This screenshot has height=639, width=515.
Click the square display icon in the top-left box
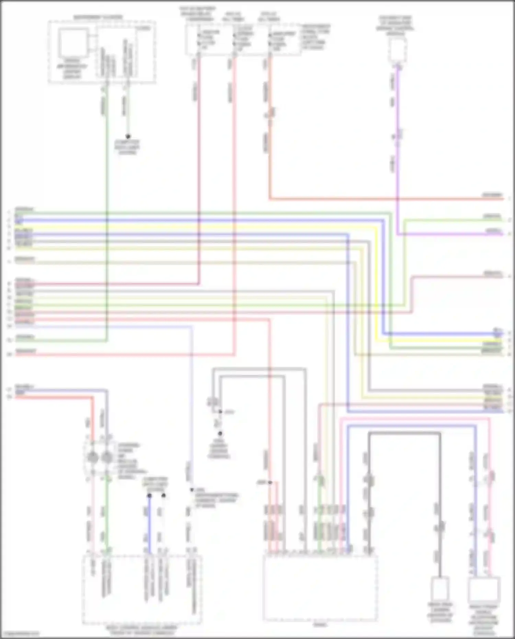(x=73, y=43)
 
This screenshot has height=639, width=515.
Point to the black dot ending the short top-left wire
(x=128, y=136)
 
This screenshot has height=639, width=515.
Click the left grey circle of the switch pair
(x=93, y=457)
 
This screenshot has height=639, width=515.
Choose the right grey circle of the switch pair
(x=107, y=457)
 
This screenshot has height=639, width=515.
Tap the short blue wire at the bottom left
(x=149, y=525)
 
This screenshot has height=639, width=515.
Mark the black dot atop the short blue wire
(x=149, y=496)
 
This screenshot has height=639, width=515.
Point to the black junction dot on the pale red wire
(x=270, y=482)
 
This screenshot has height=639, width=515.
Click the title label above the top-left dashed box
(x=98, y=17)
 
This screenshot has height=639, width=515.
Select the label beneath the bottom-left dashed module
(x=142, y=629)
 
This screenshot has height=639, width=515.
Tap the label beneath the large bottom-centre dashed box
(x=320, y=625)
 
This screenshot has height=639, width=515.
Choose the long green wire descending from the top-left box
(x=107, y=206)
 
